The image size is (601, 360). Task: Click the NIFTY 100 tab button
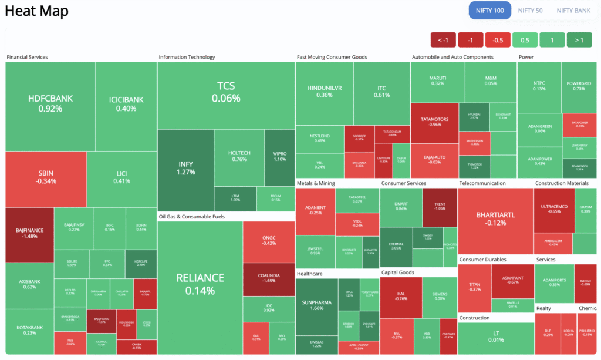[489, 11]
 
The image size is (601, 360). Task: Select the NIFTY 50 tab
[531, 11]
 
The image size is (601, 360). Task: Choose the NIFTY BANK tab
[573, 11]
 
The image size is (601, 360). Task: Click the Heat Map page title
[36, 11]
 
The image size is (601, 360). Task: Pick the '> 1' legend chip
[579, 40]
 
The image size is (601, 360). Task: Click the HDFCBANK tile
[50, 103]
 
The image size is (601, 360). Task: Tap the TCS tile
[226, 92]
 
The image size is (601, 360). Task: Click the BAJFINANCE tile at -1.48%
[29, 234]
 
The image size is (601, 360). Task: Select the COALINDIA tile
[268, 277]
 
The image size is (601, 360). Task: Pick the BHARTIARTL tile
[495, 218]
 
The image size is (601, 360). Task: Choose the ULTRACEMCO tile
[551, 208]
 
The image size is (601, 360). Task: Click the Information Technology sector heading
[187, 57]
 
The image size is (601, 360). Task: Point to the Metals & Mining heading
[316, 183]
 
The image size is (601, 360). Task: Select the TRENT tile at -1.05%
[440, 206]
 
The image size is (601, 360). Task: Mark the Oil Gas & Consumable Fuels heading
[192, 217]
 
